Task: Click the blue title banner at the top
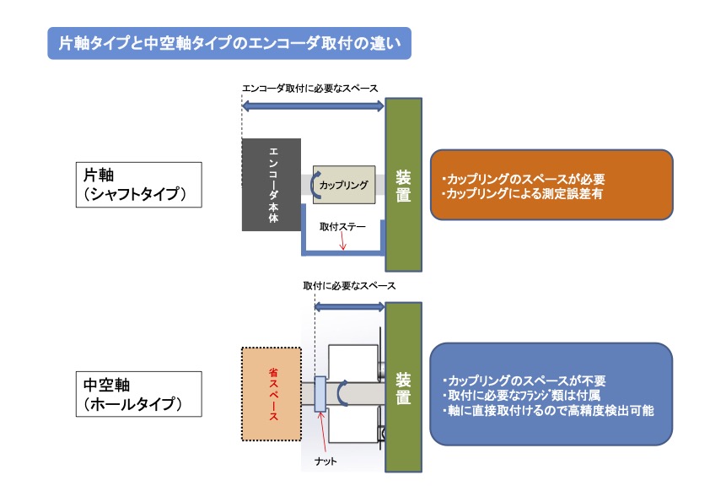coord(229,43)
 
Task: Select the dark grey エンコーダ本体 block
coord(272,185)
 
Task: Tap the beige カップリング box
coord(344,185)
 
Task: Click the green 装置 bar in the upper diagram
coord(403,185)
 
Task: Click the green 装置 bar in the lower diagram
coord(403,387)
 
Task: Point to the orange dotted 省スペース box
coord(272,394)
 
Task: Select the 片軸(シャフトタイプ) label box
coord(138,185)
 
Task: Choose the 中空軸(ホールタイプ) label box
coord(138,394)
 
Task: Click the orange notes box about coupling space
coord(551,185)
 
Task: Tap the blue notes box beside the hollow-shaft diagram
coord(551,394)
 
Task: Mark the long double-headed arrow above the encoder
coord(313,106)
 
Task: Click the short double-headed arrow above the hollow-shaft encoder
coord(349,307)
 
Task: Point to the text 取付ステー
coord(342,227)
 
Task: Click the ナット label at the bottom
coord(325,462)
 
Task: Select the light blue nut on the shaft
coord(320,394)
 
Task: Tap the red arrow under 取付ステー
coord(342,240)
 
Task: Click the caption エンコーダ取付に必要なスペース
coord(309,89)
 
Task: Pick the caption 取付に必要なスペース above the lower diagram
coord(349,286)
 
